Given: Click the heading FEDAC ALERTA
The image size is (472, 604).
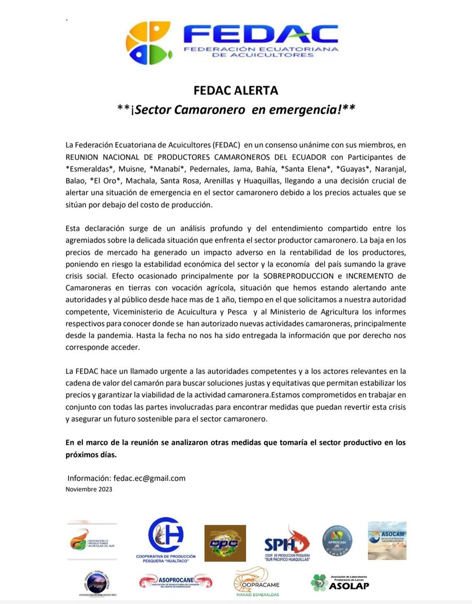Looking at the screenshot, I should tap(236, 91).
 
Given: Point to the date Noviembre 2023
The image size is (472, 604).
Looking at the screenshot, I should tap(89, 489).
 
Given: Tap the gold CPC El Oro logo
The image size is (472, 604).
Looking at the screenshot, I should tap(225, 543).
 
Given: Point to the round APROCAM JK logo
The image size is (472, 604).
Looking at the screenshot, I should tap(337, 541).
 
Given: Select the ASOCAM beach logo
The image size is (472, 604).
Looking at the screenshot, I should tap(386, 540).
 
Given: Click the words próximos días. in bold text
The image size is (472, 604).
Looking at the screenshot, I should tap(91, 455).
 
